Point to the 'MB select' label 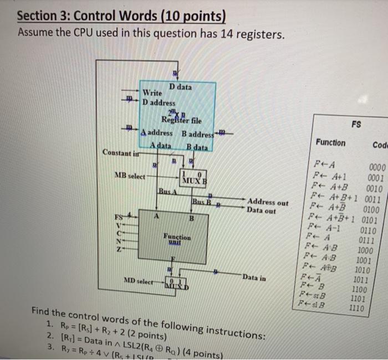pyautogui.click(x=130, y=176)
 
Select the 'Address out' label pyautogui.click(x=268, y=202)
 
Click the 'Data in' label pyautogui.click(x=254, y=276)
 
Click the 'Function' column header pyautogui.click(x=330, y=143)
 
